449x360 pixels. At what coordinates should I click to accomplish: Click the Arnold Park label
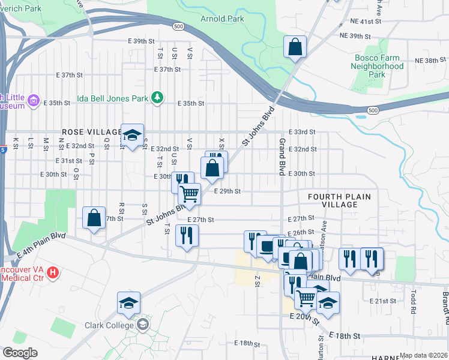(x=221, y=19)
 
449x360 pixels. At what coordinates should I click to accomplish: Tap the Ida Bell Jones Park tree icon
(x=157, y=97)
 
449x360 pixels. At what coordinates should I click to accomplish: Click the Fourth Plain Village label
(x=339, y=200)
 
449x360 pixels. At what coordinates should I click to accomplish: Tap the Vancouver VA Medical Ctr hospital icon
(x=53, y=273)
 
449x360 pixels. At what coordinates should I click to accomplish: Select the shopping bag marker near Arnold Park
(x=295, y=47)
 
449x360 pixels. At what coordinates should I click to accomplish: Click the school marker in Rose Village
(x=132, y=135)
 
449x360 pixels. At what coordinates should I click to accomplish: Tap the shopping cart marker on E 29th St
(x=190, y=194)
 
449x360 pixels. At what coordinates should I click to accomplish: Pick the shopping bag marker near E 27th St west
(x=94, y=218)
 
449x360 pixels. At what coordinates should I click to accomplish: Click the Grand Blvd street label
(x=281, y=156)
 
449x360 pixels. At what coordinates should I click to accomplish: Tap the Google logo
(x=20, y=352)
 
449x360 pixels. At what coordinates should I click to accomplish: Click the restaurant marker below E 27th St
(x=186, y=236)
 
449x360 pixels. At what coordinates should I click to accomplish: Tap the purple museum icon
(x=34, y=100)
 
